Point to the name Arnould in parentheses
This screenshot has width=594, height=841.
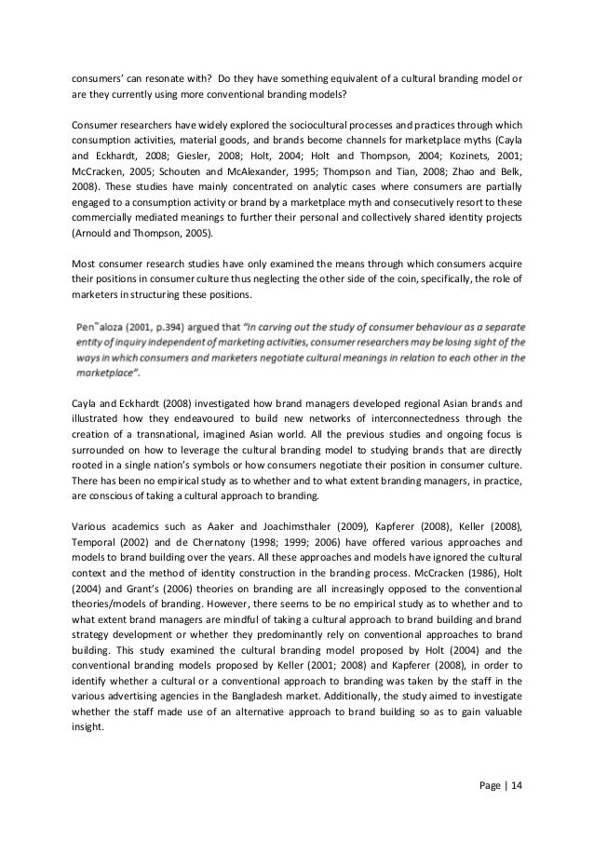(x=98, y=235)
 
